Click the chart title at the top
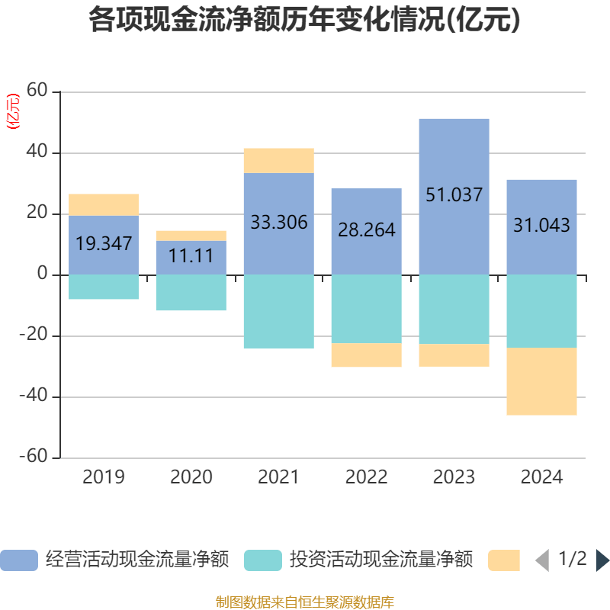point(304,21)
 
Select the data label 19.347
point(104,244)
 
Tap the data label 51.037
point(454,195)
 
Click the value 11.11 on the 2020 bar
point(191,256)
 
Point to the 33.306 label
point(278,223)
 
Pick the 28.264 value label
point(366,230)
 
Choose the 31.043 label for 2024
point(541,226)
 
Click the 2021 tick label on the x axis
point(278,477)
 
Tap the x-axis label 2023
point(454,477)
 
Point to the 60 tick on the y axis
point(37,91)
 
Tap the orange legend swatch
point(504,560)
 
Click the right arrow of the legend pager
point(602,560)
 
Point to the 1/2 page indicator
point(572,559)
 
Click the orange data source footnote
point(304,602)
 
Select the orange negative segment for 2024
point(541,381)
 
